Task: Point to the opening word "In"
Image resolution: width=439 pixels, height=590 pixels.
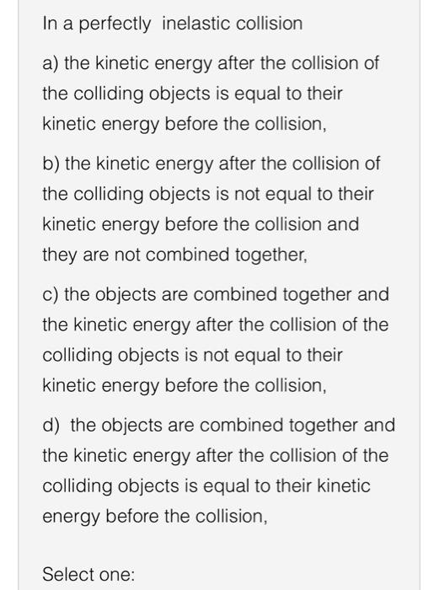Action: click(50, 24)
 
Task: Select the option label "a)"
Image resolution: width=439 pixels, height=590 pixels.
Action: click(51, 63)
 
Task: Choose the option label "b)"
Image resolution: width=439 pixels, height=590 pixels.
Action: click(51, 163)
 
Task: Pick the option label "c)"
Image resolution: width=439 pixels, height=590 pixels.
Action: click(51, 294)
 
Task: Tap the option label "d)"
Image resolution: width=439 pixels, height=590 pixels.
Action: click(51, 425)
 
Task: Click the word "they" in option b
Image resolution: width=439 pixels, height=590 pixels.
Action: click(59, 255)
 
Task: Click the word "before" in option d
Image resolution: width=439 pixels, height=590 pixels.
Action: click(133, 517)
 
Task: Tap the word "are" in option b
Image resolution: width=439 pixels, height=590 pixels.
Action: click(98, 255)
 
